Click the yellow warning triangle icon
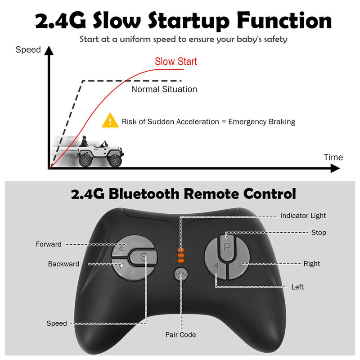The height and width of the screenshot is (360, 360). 110,121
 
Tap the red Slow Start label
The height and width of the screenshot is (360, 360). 176,62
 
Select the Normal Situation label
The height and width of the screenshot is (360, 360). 164,89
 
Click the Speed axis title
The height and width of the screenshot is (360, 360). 28,49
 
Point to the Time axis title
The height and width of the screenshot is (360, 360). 333,157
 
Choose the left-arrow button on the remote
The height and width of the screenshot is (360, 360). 216,266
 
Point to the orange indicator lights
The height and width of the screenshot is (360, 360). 181,255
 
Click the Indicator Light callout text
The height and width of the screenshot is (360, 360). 303,216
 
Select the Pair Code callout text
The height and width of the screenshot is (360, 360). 180,335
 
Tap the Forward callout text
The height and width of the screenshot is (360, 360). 49,244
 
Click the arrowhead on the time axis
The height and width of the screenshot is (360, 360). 335,169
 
